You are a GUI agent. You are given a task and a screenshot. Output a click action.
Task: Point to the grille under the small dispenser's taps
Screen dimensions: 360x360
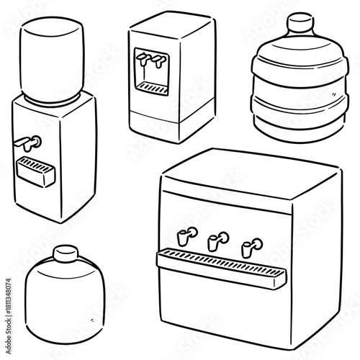point(153,87)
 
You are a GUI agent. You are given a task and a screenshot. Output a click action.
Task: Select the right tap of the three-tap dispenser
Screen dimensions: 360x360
point(250,246)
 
